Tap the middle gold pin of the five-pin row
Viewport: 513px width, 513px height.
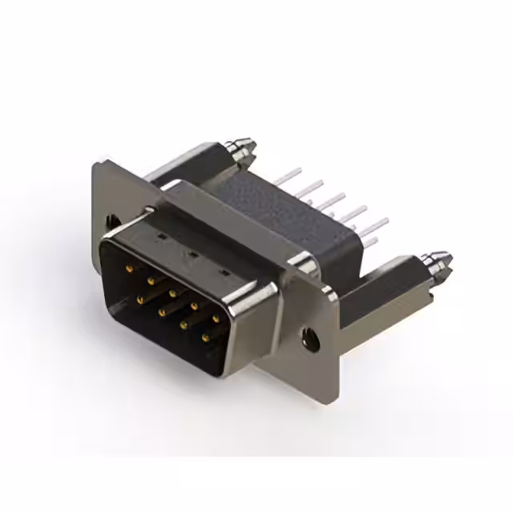pos(172,293)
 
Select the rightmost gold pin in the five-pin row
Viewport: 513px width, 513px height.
pos(216,318)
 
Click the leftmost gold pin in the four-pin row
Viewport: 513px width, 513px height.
pos(140,300)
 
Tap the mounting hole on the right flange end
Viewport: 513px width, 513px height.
pos(309,338)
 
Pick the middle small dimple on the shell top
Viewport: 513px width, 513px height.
pos(192,255)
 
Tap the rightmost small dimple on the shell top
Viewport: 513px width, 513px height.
pos(225,274)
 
